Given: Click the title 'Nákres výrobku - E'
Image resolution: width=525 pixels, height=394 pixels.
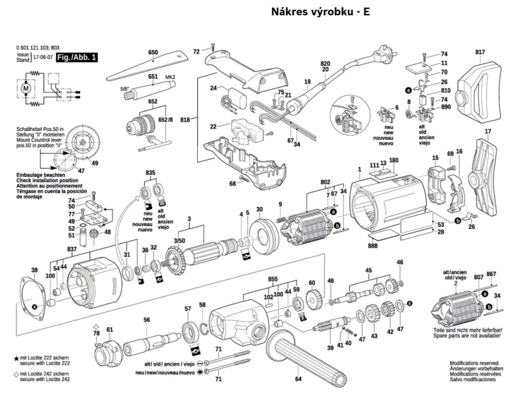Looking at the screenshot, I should pyautogui.click(x=320, y=12).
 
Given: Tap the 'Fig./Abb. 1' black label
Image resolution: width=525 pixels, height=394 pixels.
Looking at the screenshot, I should pyautogui.click(x=77, y=57).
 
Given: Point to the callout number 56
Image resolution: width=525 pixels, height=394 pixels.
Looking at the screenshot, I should pyautogui.click(x=147, y=320).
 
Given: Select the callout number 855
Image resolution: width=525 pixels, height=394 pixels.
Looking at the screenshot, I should pyautogui.click(x=273, y=279).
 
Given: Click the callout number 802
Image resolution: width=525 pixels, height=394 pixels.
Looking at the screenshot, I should pyautogui.click(x=325, y=182).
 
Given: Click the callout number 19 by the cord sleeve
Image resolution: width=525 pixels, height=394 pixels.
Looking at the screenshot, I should pyautogui.click(x=307, y=82).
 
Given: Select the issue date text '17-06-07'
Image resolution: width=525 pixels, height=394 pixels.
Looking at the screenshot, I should pyautogui.click(x=43, y=57).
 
